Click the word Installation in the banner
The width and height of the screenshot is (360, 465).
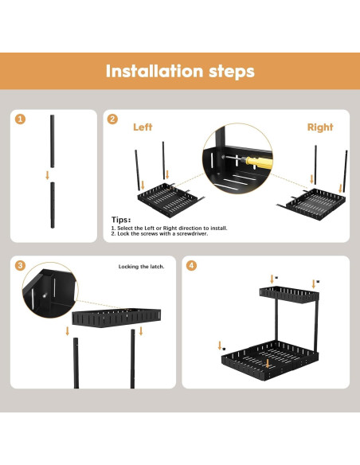click(155, 71)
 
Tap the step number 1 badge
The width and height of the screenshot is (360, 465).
click(20, 119)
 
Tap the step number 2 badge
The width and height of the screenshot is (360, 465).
click(112, 119)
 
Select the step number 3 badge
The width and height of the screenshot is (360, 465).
click(20, 265)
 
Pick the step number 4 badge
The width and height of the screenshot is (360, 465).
click(191, 265)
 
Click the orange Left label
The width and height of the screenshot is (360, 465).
click(143, 127)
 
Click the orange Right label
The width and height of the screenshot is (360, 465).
click(320, 127)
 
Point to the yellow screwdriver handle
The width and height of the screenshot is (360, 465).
click(258, 162)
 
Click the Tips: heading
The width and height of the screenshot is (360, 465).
click(121, 220)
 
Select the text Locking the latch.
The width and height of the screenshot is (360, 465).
click(141, 267)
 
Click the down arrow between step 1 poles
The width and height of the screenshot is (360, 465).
click(48, 175)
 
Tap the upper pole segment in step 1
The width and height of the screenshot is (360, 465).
click(53, 141)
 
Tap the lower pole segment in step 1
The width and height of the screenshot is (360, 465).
click(53, 205)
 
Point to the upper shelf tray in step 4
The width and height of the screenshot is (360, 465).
click(289, 295)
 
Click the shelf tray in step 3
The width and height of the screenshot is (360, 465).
click(116, 318)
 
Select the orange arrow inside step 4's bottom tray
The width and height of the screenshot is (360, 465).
click(268, 364)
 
